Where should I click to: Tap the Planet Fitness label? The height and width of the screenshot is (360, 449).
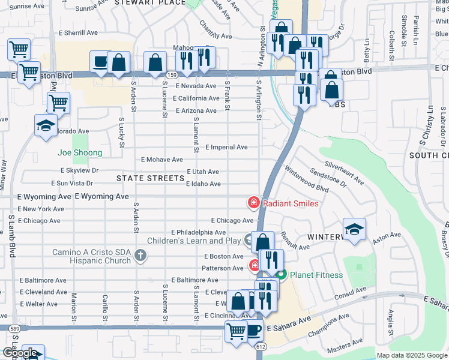pos(316,275)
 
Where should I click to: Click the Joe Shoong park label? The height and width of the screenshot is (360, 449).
pos(80,153)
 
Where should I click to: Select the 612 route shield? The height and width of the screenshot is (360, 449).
pos(261,347)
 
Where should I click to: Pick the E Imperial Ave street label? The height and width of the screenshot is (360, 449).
pos(226,147)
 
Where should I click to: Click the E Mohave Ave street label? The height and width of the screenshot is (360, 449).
pos(161,160)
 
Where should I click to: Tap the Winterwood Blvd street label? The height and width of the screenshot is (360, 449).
pos(306,179)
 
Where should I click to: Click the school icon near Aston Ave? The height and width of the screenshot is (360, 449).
pos(354,229)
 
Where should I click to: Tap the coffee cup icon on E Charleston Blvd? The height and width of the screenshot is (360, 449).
pos(100,61)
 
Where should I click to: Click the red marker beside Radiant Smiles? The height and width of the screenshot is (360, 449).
pos(254,203)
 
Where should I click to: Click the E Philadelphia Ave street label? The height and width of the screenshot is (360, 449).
pos(198,232)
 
